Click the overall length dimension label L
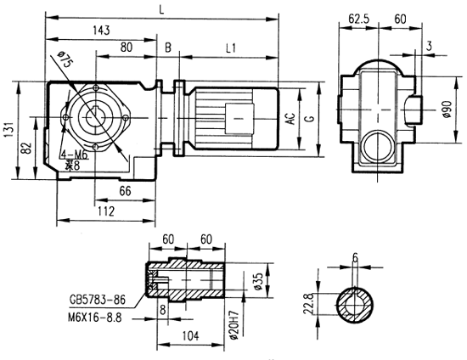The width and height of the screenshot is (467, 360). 162,8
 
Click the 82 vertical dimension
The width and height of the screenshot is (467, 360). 28,150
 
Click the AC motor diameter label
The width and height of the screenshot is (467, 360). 290,120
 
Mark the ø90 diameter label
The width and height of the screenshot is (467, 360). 446,110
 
